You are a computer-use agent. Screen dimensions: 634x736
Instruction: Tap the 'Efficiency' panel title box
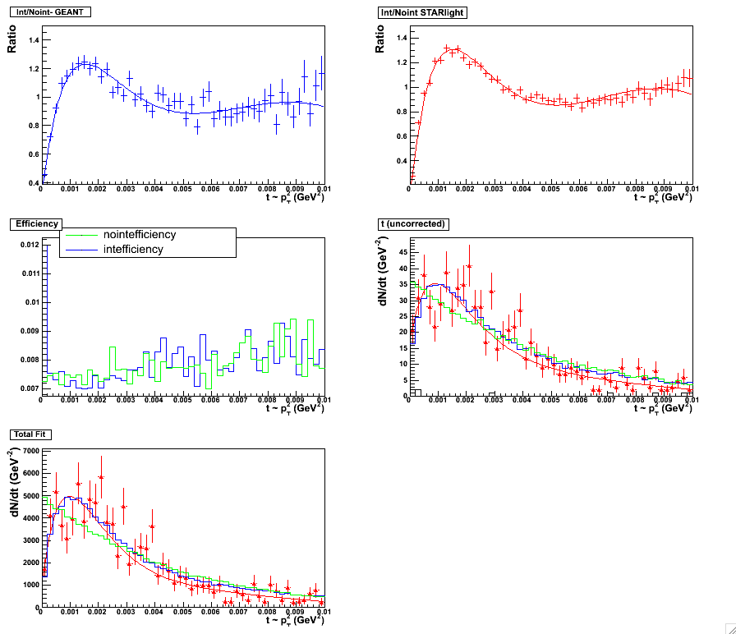tap(32, 223)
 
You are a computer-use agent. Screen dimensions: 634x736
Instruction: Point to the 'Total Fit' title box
tap(30, 433)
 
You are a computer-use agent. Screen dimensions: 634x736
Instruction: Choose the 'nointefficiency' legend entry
tap(140, 235)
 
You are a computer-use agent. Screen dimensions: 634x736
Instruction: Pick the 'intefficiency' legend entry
tap(133, 249)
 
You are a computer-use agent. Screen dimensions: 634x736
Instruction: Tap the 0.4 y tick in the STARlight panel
tap(402, 161)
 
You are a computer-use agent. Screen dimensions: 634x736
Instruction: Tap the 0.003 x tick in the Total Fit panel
tap(125, 612)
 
